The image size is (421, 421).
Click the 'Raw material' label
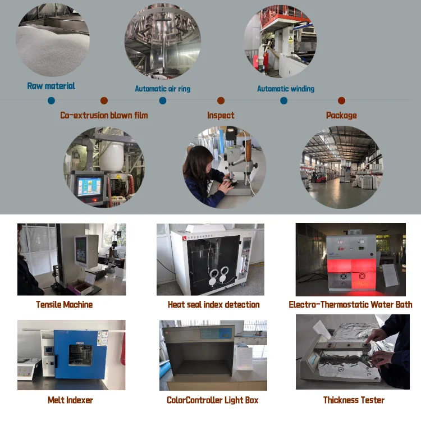(51, 86)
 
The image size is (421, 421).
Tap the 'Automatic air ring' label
(162, 89)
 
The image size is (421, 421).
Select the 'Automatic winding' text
(285, 89)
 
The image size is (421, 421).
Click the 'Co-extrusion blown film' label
(104, 115)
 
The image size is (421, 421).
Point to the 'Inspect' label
(221, 115)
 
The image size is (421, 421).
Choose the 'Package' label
(341, 115)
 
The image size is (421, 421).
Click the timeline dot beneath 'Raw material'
(51, 100)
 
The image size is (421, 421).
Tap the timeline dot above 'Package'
(341, 100)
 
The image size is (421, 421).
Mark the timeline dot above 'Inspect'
(221, 100)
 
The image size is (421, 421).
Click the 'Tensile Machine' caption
(64, 304)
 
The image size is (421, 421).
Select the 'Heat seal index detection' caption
(213, 304)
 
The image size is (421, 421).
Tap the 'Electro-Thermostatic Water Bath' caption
(350, 304)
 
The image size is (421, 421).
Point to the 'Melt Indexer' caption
(70, 400)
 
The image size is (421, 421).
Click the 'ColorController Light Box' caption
(212, 400)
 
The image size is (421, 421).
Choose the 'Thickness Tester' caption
(354, 400)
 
